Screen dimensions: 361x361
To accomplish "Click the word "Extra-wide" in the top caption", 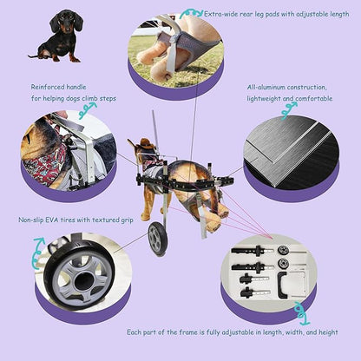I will [220, 14].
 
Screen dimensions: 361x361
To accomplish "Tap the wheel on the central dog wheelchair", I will [157, 238].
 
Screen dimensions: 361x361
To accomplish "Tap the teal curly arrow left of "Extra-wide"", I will [192, 14].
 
